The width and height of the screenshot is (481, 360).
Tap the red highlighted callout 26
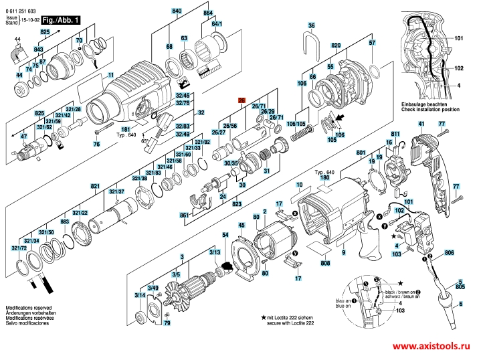(x=242, y=99)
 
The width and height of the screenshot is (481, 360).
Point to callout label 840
(x=177, y=13)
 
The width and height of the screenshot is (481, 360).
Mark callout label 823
(x=237, y=204)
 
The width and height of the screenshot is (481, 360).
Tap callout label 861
(x=184, y=214)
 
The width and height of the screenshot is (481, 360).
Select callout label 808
(x=325, y=264)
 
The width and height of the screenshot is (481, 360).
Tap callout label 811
(x=394, y=137)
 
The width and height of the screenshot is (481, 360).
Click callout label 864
(x=207, y=13)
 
